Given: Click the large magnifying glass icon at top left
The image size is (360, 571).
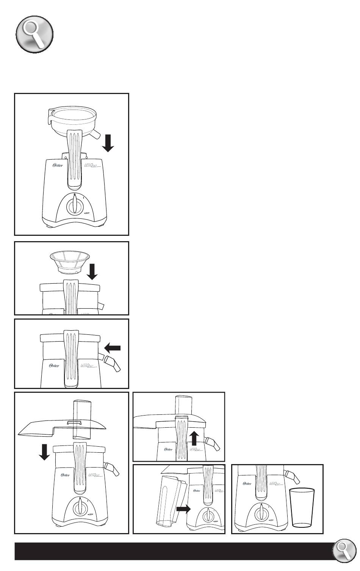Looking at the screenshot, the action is point(34,35).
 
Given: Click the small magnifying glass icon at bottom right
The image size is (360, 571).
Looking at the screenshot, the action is point(344,552).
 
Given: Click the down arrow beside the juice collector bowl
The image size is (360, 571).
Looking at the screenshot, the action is point(108,143).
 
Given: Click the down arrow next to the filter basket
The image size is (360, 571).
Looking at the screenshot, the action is point(92,272).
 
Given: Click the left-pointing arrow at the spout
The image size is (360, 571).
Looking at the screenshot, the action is point(113,348).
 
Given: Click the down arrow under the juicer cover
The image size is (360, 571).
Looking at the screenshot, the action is point(45,452).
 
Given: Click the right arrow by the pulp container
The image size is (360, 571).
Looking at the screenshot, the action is point(184,510).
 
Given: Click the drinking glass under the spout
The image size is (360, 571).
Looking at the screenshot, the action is point(302,508).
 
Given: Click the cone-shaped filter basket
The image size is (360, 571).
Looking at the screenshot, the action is point(70,262).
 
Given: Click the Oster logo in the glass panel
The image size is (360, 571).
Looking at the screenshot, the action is point(247,484).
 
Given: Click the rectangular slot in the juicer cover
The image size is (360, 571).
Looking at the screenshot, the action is point(74,423).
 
